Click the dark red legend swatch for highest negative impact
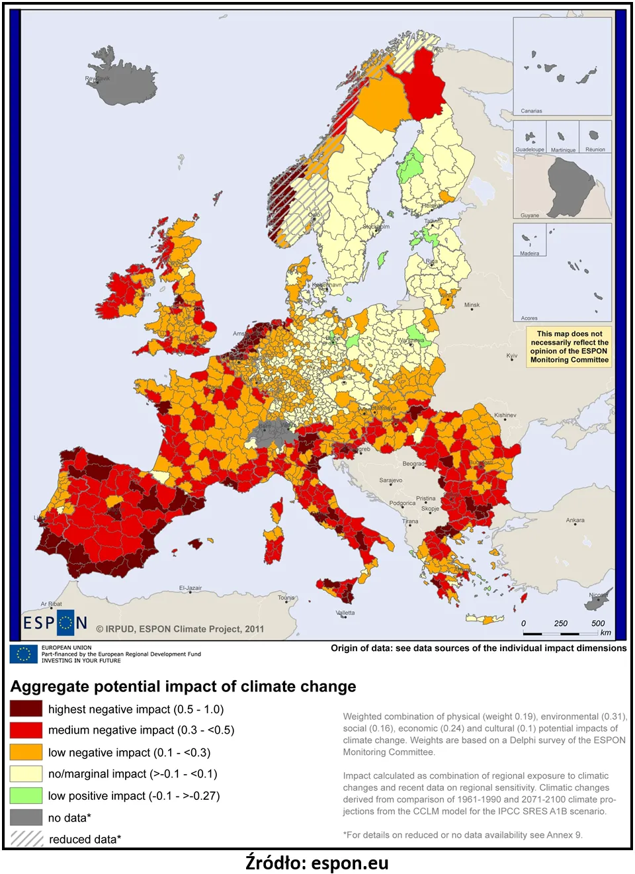pyautogui.click(x=26, y=709)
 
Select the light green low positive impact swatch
pyautogui.click(x=26, y=795)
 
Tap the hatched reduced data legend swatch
pyautogui.click(x=26, y=838)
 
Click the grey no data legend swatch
pyautogui.click(x=26, y=817)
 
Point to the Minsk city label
pyautogui.click(x=472, y=305)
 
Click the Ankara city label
pyautogui.click(x=575, y=520)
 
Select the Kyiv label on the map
pyautogui.click(x=512, y=356)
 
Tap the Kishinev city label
pyautogui.click(x=505, y=415)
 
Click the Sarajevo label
pyautogui.click(x=391, y=480)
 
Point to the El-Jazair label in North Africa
pyautogui.click(x=190, y=588)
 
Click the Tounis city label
pyautogui.click(x=286, y=597)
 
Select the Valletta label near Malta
pyautogui.click(x=345, y=613)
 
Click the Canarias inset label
pyautogui.click(x=531, y=111)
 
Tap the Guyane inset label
pyautogui.click(x=530, y=215)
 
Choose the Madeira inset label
pyautogui.click(x=530, y=253)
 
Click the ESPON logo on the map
pyautogui.click(x=55, y=623)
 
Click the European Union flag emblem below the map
pyautogui.click(x=24, y=654)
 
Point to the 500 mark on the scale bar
pyautogui.click(x=598, y=623)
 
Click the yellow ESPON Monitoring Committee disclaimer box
pyautogui.click(x=569, y=347)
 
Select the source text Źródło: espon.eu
pyautogui.click(x=317, y=863)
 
